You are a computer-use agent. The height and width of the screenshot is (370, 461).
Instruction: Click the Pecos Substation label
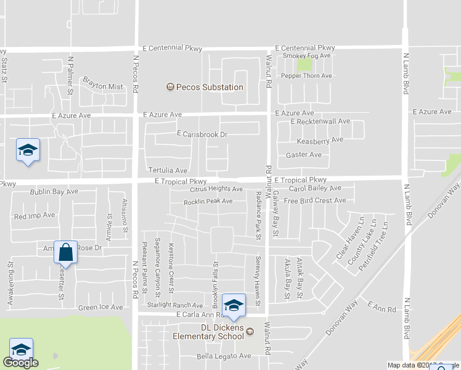[210, 87]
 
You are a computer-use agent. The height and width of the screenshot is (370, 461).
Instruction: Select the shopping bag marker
[65, 252]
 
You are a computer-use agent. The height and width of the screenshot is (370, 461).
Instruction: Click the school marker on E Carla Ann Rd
[234, 305]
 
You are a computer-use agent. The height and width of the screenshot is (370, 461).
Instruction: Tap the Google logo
[20, 363]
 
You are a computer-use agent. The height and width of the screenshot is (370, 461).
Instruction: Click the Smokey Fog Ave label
[307, 55]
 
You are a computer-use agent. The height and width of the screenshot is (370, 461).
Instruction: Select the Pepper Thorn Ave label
[306, 76]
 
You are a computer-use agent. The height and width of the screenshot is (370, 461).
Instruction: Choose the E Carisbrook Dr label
[202, 134]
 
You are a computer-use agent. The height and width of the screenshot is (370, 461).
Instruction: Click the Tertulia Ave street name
[167, 170]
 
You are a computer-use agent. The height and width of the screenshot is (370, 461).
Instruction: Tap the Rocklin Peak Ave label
[208, 202]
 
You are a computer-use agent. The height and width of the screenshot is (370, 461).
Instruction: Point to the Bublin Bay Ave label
[54, 192]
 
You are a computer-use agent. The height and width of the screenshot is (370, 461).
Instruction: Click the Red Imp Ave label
[35, 216]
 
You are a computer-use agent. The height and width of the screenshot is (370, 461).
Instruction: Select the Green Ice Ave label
[100, 307]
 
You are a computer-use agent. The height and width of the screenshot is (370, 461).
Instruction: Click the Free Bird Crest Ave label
[315, 200]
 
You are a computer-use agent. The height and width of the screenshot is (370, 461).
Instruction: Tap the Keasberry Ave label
[316, 141]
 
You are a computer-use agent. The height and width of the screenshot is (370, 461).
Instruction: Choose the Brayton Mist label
[103, 86]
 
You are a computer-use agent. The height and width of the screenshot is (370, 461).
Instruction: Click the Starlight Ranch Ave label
[175, 305]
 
